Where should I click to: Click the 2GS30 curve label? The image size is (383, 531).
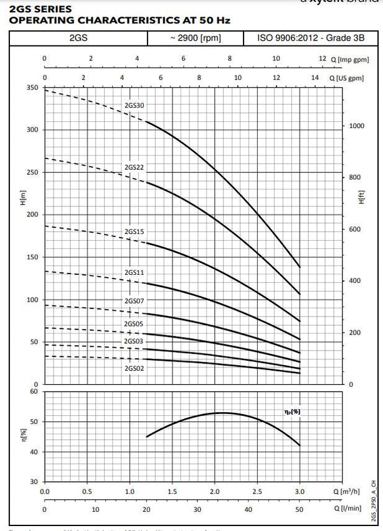(135, 106)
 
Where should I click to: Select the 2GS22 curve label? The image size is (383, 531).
(135, 167)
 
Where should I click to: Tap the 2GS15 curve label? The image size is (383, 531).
(135, 231)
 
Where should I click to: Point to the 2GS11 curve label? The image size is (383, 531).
(135, 272)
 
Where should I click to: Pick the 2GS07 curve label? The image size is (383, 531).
(135, 301)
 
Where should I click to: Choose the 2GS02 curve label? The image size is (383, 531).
(135, 368)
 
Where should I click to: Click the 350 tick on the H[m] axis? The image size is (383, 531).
(32, 88)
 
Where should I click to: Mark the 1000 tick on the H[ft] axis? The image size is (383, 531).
(355, 126)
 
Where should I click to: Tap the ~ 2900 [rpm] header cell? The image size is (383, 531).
(195, 39)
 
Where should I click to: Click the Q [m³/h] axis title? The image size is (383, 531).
(347, 491)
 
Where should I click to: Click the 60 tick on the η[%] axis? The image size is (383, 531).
(34, 392)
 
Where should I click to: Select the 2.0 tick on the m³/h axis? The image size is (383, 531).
(215, 491)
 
